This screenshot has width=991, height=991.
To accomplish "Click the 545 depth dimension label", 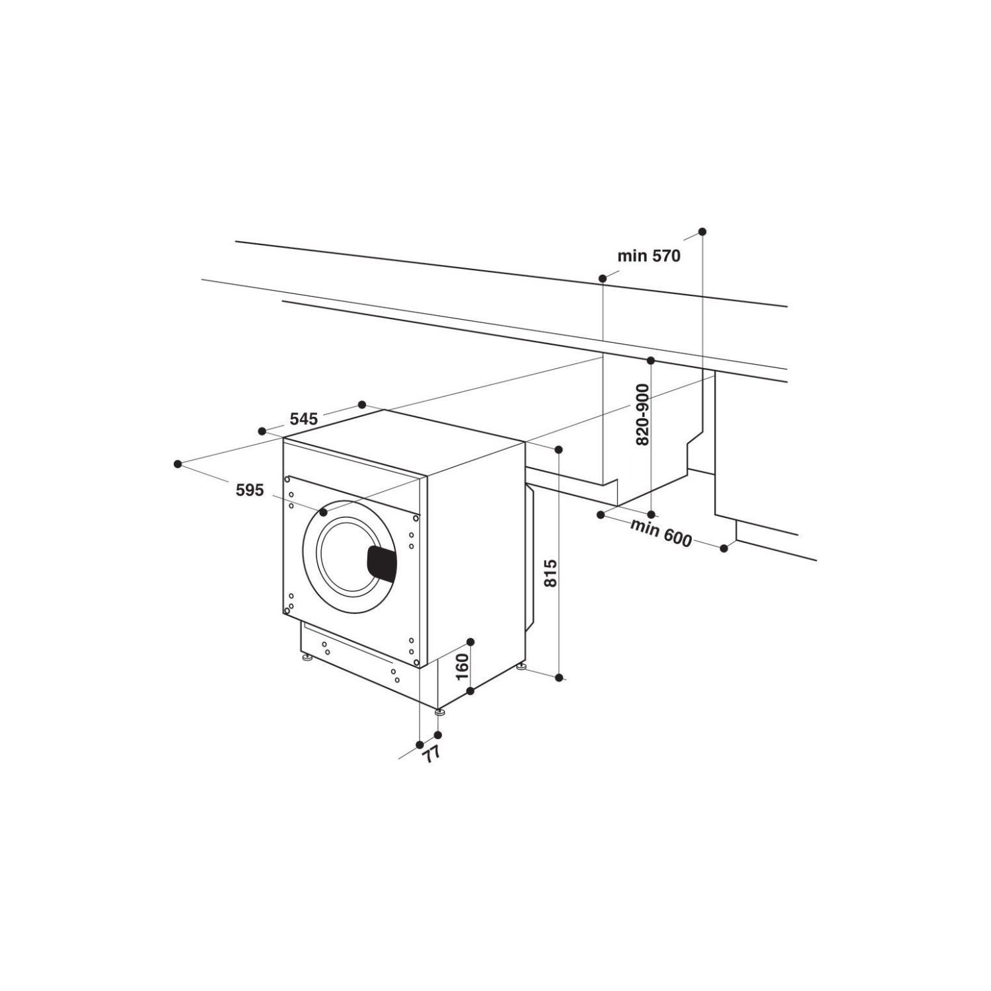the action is tap(304, 418).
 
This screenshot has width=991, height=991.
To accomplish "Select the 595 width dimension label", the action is tap(250, 490).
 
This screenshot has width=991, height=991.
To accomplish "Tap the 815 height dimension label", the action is tap(552, 573).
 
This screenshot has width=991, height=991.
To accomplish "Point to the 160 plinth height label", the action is tap(462, 667).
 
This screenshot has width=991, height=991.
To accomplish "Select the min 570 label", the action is tap(649, 256).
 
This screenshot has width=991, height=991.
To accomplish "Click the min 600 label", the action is tap(661, 533).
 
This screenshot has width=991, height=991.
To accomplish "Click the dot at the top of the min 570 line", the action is tap(702, 231).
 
